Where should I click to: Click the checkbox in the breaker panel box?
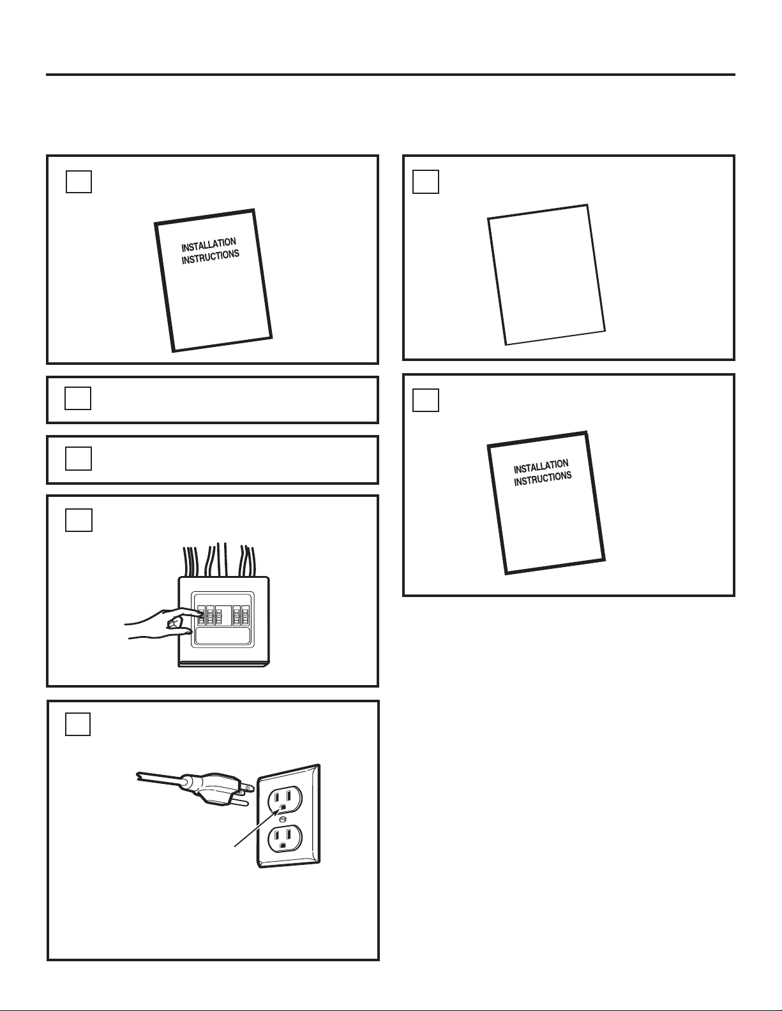pyautogui.click(x=78, y=520)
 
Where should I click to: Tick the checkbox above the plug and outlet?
pyautogui.click(x=78, y=724)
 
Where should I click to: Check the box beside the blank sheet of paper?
pyautogui.click(x=425, y=181)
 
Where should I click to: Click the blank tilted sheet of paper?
pyautogui.click(x=546, y=274)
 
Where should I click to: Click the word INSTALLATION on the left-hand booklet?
pyautogui.click(x=209, y=245)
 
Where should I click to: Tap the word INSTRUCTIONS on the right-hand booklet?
pyautogui.click(x=543, y=478)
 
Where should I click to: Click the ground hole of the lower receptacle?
pyautogui.click(x=283, y=844)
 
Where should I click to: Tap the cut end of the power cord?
pyautogui.click(x=139, y=776)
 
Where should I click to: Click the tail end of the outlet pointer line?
pyautogui.click(x=234, y=846)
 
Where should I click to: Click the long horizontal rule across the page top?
pyautogui.click(x=390, y=75)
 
